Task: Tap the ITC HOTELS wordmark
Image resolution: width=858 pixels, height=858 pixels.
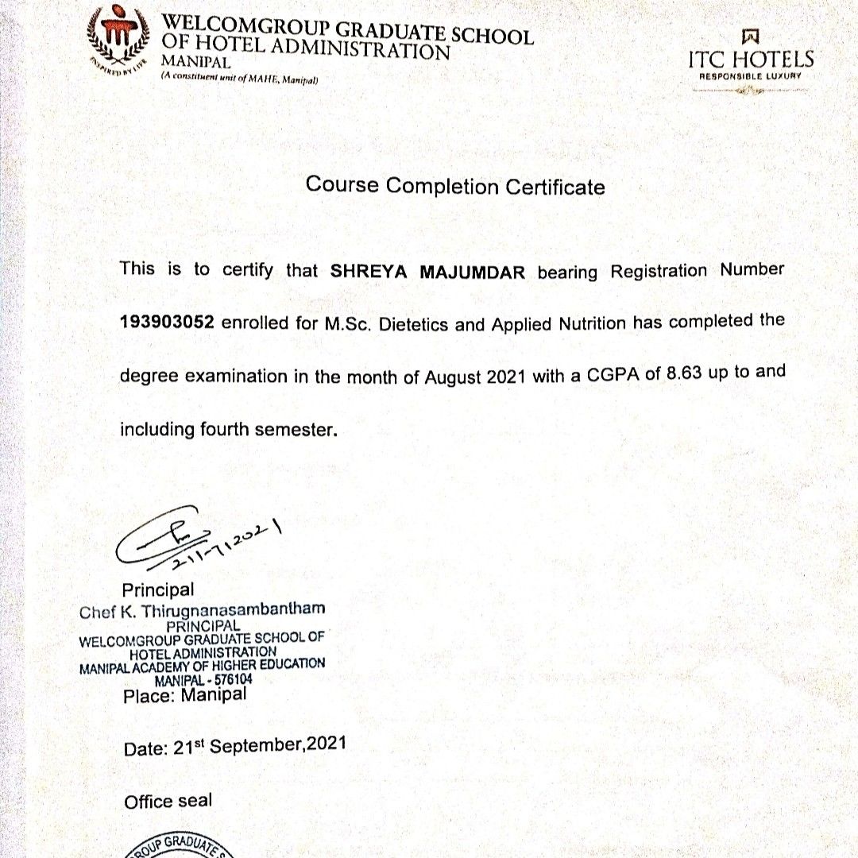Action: click(x=751, y=60)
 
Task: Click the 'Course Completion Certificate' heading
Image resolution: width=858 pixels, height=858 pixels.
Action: click(x=455, y=187)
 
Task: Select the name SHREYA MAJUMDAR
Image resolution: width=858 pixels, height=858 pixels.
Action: click(x=428, y=272)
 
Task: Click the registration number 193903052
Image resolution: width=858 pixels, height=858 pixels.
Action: click(x=166, y=324)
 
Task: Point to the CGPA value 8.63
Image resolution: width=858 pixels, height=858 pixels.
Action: click(x=684, y=373)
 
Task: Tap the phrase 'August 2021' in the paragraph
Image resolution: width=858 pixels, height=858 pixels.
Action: click(x=474, y=377)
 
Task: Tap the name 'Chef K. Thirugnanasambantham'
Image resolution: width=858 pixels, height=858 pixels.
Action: click(x=203, y=611)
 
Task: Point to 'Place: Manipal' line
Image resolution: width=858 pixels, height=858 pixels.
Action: click(x=185, y=696)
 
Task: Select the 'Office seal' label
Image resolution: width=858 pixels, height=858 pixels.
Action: click(x=168, y=802)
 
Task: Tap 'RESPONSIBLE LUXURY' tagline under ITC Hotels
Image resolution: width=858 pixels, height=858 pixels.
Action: click(x=751, y=77)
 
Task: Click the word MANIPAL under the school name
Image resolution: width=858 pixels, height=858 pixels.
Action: click(x=195, y=61)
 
